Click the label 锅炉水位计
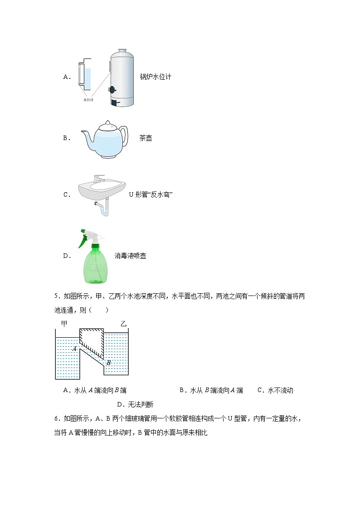click(156, 77)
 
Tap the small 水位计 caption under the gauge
click(88, 100)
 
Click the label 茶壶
click(146, 138)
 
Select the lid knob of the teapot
click(107, 122)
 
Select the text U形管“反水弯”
click(151, 195)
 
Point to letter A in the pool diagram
click(74, 349)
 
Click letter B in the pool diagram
click(109, 362)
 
